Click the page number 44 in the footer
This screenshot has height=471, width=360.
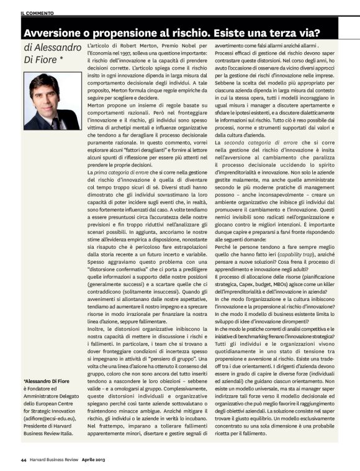click(x=23, y=459)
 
